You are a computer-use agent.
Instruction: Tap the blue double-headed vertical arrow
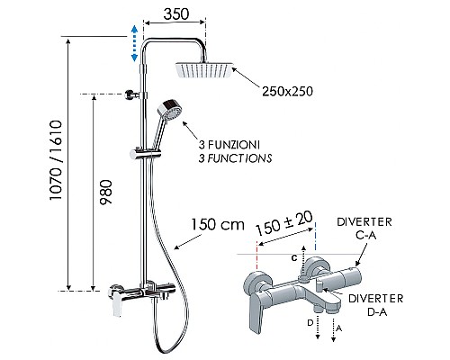[135, 44]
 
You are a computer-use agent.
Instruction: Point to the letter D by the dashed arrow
[310, 321]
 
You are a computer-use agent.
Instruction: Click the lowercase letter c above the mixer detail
[293, 258]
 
